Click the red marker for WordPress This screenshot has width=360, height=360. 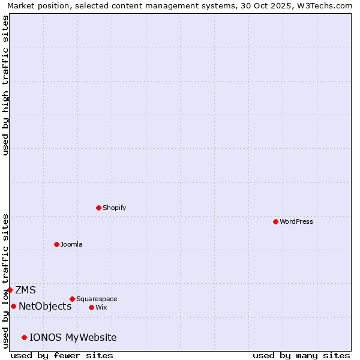(275, 221)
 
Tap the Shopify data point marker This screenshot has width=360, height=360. (98, 208)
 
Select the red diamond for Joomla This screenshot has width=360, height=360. (56, 244)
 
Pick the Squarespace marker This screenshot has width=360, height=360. (72, 299)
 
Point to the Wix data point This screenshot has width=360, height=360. (91, 307)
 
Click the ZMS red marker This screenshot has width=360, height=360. (10, 290)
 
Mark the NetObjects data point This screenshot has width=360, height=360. (13, 306)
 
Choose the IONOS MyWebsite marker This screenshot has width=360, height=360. (24, 337)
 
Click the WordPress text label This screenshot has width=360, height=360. (296, 221)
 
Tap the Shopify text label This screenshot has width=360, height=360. (115, 208)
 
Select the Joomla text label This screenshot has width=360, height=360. (71, 244)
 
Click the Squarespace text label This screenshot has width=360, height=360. (97, 299)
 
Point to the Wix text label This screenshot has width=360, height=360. (101, 307)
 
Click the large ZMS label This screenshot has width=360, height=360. (25, 290)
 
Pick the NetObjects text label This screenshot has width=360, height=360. (45, 306)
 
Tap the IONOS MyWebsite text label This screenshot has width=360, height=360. (73, 337)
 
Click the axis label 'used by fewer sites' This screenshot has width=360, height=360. (62, 355)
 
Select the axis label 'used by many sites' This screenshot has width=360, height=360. (301, 355)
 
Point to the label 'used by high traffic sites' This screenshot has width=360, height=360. (5, 85)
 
